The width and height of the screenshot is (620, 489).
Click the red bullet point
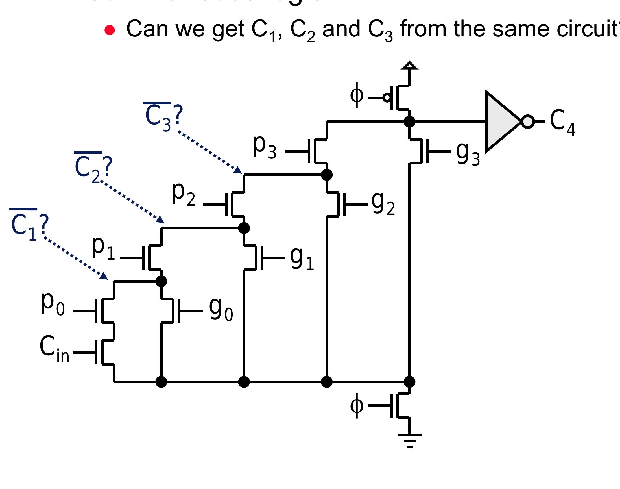[110, 30]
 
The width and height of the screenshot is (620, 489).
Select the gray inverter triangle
[501, 122]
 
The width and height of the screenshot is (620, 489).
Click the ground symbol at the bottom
[409, 440]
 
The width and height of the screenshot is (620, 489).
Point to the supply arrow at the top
[409, 66]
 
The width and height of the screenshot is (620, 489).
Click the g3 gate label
[467, 154]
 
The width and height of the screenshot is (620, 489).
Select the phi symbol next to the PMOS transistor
[357, 95]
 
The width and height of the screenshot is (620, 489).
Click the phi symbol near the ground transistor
[357, 406]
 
